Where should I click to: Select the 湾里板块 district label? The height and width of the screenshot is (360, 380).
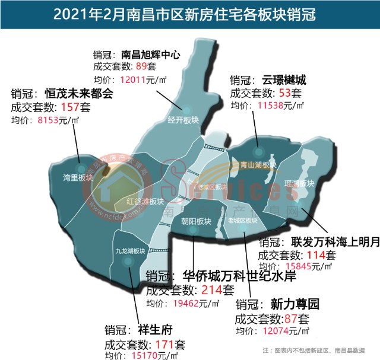point(78,177)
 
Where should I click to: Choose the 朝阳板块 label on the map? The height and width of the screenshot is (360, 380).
point(196,221)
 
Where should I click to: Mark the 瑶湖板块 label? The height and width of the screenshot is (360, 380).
point(299,184)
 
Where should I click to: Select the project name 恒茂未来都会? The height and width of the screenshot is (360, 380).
point(79,94)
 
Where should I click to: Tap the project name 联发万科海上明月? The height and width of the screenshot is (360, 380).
point(335,242)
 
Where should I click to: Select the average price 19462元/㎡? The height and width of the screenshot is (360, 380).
point(188,304)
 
